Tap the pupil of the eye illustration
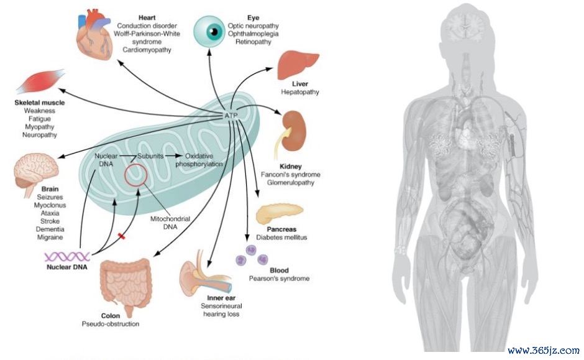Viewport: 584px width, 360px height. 214,31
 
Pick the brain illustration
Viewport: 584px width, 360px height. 36,173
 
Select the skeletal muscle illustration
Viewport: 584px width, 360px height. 40,82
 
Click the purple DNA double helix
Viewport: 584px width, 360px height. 67,256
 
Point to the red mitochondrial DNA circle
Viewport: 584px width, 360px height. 135,175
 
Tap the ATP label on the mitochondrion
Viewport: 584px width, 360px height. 231,116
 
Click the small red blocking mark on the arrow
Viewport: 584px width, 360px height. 121,236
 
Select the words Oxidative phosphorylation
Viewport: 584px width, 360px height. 199,160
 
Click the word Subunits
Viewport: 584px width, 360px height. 150,156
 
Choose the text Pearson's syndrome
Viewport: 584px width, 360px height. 279,279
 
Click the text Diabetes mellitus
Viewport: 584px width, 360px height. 281,238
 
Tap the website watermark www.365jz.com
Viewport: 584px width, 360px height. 544,350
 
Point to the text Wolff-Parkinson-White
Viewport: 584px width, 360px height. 147,34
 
